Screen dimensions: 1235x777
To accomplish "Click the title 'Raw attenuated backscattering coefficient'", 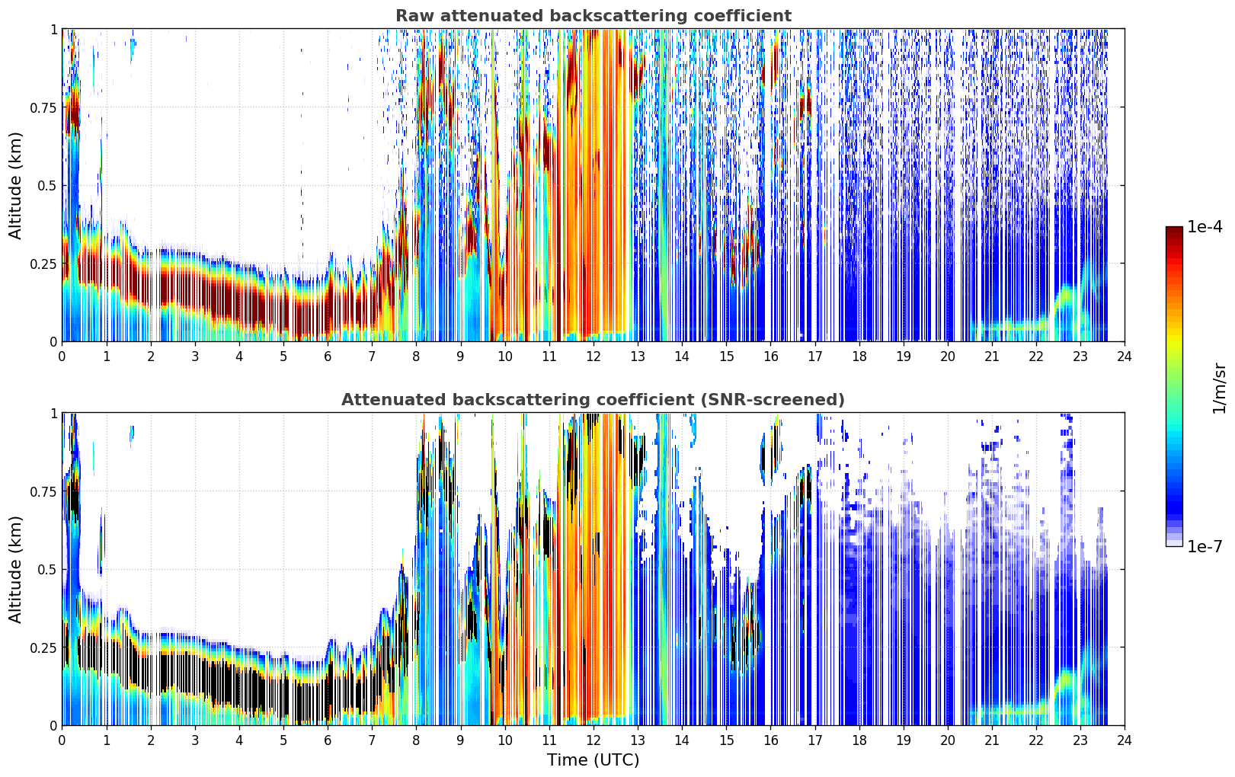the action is pos(594,15).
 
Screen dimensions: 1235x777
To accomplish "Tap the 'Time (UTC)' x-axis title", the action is pos(594,760).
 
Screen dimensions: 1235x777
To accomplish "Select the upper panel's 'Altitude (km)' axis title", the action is pos(15,186).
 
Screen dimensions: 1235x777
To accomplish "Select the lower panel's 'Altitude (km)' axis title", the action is pos(15,569).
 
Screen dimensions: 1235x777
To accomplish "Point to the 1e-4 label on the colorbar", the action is pos(1205,226).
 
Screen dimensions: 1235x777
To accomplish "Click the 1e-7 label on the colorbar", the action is pos(1205,547).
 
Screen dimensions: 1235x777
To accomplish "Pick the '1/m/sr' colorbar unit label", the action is pos(1219,388).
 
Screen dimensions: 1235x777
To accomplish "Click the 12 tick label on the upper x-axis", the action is pos(594,356).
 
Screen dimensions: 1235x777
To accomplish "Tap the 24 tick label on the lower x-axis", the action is pos(1125,740).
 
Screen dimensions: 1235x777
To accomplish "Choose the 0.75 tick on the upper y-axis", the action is pos(43,107).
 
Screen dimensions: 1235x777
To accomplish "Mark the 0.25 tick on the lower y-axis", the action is pos(43,647).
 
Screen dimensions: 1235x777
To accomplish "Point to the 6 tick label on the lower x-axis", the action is pos(328,740).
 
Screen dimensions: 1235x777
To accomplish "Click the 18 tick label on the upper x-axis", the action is pos(859,356).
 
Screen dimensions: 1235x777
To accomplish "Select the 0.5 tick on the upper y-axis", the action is pos(46,186).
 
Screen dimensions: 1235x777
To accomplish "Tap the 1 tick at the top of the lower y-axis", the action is pos(53,414).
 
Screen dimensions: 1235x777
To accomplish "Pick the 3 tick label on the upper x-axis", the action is pos(194,356).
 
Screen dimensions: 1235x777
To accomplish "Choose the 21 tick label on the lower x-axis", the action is pos(992,740).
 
